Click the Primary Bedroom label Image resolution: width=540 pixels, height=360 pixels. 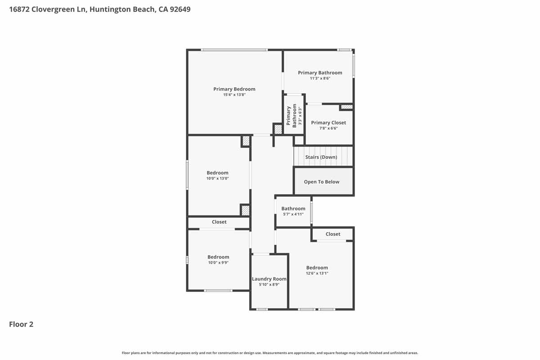[234, 89]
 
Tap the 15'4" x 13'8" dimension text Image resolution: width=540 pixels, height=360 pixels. [234, 95]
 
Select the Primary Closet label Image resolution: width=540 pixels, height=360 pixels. [328, 123]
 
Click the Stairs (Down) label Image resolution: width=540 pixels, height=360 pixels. [321, 157]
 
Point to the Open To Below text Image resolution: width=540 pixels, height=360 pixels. [322, 182]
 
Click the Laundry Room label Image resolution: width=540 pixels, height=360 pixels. [269, 279]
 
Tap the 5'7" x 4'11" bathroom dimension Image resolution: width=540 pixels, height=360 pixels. [293, 214]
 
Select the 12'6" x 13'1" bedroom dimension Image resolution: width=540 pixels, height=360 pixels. [317, 273]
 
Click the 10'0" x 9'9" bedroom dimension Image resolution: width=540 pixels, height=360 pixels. [218, 263]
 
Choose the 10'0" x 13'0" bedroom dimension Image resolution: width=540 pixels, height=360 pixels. [217, 179]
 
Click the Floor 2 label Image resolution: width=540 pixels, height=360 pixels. [21, 324]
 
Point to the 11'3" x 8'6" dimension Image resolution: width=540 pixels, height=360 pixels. [320, 78]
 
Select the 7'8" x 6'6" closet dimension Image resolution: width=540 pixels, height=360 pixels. [328, 128]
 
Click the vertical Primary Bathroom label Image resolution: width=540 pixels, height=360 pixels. [288, 116]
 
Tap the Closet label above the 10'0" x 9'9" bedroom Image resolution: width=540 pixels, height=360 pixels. [219, 222]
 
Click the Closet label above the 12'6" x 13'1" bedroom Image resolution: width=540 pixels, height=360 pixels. [333, 234]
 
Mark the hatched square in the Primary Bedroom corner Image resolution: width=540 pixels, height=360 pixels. [278, 129]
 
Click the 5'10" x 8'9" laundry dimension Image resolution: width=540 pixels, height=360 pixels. [269, 284]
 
